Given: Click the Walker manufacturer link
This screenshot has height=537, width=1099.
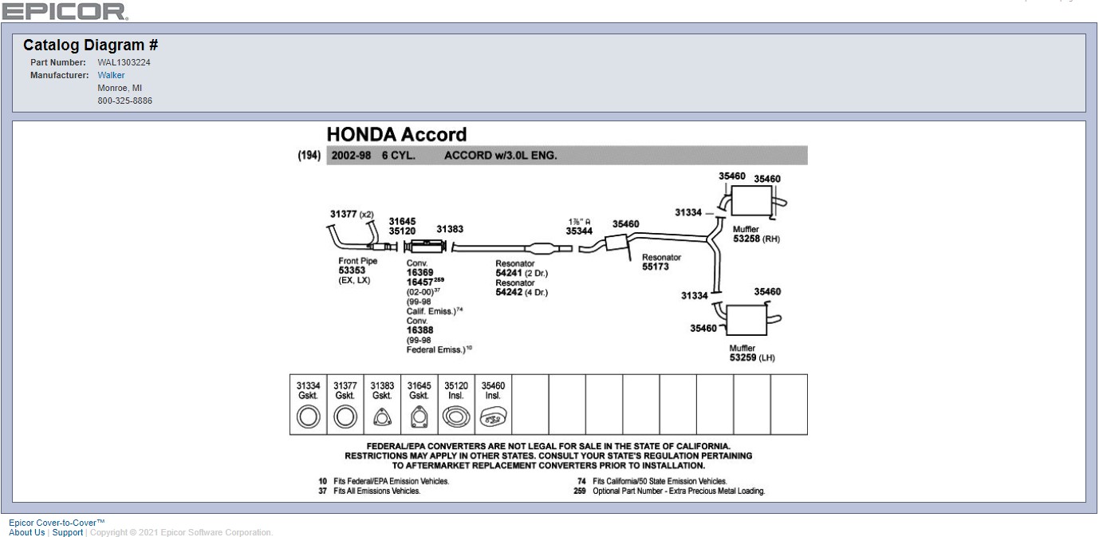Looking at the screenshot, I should (111, 75).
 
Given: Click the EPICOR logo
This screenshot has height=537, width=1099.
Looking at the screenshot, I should (65, 11).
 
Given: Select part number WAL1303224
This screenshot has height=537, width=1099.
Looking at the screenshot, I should (124, 61).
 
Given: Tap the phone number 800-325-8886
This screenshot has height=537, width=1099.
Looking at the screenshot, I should (124, 101).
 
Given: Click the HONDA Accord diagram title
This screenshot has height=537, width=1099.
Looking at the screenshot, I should (396, 134).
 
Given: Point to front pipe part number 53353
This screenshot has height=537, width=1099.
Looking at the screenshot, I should (351, 270).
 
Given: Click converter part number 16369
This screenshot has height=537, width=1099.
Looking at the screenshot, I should (420, 272).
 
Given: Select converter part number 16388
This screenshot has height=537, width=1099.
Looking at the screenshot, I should (420, 330).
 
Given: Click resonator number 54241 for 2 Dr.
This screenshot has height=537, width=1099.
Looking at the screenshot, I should (510, 273).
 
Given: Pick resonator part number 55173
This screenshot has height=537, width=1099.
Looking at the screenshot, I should (656, 267).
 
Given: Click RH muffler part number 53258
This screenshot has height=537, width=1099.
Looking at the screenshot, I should (746, 239).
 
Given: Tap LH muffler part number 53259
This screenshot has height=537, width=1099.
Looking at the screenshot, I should (743, 357).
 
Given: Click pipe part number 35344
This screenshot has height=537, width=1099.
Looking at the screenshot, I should (579, 231).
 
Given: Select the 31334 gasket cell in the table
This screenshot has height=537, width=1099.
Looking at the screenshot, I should (308, 404).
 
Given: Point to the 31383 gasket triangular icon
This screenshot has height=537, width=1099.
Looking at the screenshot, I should (382, 417).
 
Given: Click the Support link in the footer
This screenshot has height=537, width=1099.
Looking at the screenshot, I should (68, 532).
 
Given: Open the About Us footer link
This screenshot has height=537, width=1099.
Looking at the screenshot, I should (26, 532).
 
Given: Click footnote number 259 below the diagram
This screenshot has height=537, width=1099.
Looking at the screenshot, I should (579, 492).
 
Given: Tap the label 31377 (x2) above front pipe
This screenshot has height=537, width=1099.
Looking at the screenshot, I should (351, 214).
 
